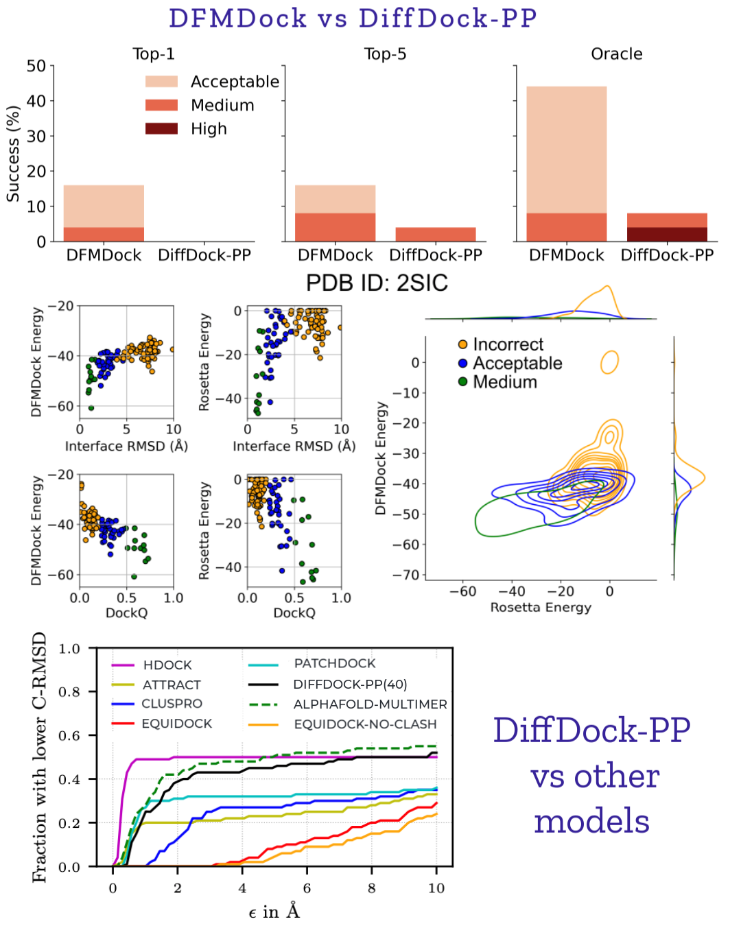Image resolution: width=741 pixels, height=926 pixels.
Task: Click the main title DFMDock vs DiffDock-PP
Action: coord(353,19)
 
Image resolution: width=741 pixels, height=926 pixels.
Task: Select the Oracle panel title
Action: coord(616,54)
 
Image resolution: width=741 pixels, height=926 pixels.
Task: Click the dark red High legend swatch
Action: coord(161,129)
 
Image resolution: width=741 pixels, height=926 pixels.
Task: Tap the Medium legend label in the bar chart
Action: coord(222,106)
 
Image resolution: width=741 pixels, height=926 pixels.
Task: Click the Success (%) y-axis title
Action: coord(13,154)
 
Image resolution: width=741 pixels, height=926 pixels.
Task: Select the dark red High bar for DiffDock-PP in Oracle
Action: coord(667,234)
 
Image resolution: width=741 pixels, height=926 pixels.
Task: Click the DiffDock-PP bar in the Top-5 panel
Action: coord(436,234)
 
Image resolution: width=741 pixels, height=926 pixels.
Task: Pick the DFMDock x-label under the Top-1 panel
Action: coord(104,255)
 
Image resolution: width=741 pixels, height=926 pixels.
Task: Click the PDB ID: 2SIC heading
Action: coord(377,283)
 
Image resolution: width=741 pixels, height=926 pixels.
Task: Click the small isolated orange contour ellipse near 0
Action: coord(609,361)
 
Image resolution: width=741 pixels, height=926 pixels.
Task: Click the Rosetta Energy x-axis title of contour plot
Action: coord(540,607)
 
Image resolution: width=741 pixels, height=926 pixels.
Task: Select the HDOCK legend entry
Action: coord(167,665)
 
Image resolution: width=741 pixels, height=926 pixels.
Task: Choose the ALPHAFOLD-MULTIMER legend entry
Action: coord(370,704)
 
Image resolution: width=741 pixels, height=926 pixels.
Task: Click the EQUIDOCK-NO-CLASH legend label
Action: coord(365,724)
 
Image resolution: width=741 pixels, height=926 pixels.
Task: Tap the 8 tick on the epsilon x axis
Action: coord(371,888)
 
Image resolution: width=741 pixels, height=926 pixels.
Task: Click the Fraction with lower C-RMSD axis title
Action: coord(40,757)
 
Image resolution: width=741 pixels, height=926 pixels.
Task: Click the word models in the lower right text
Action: coord(591,821)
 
